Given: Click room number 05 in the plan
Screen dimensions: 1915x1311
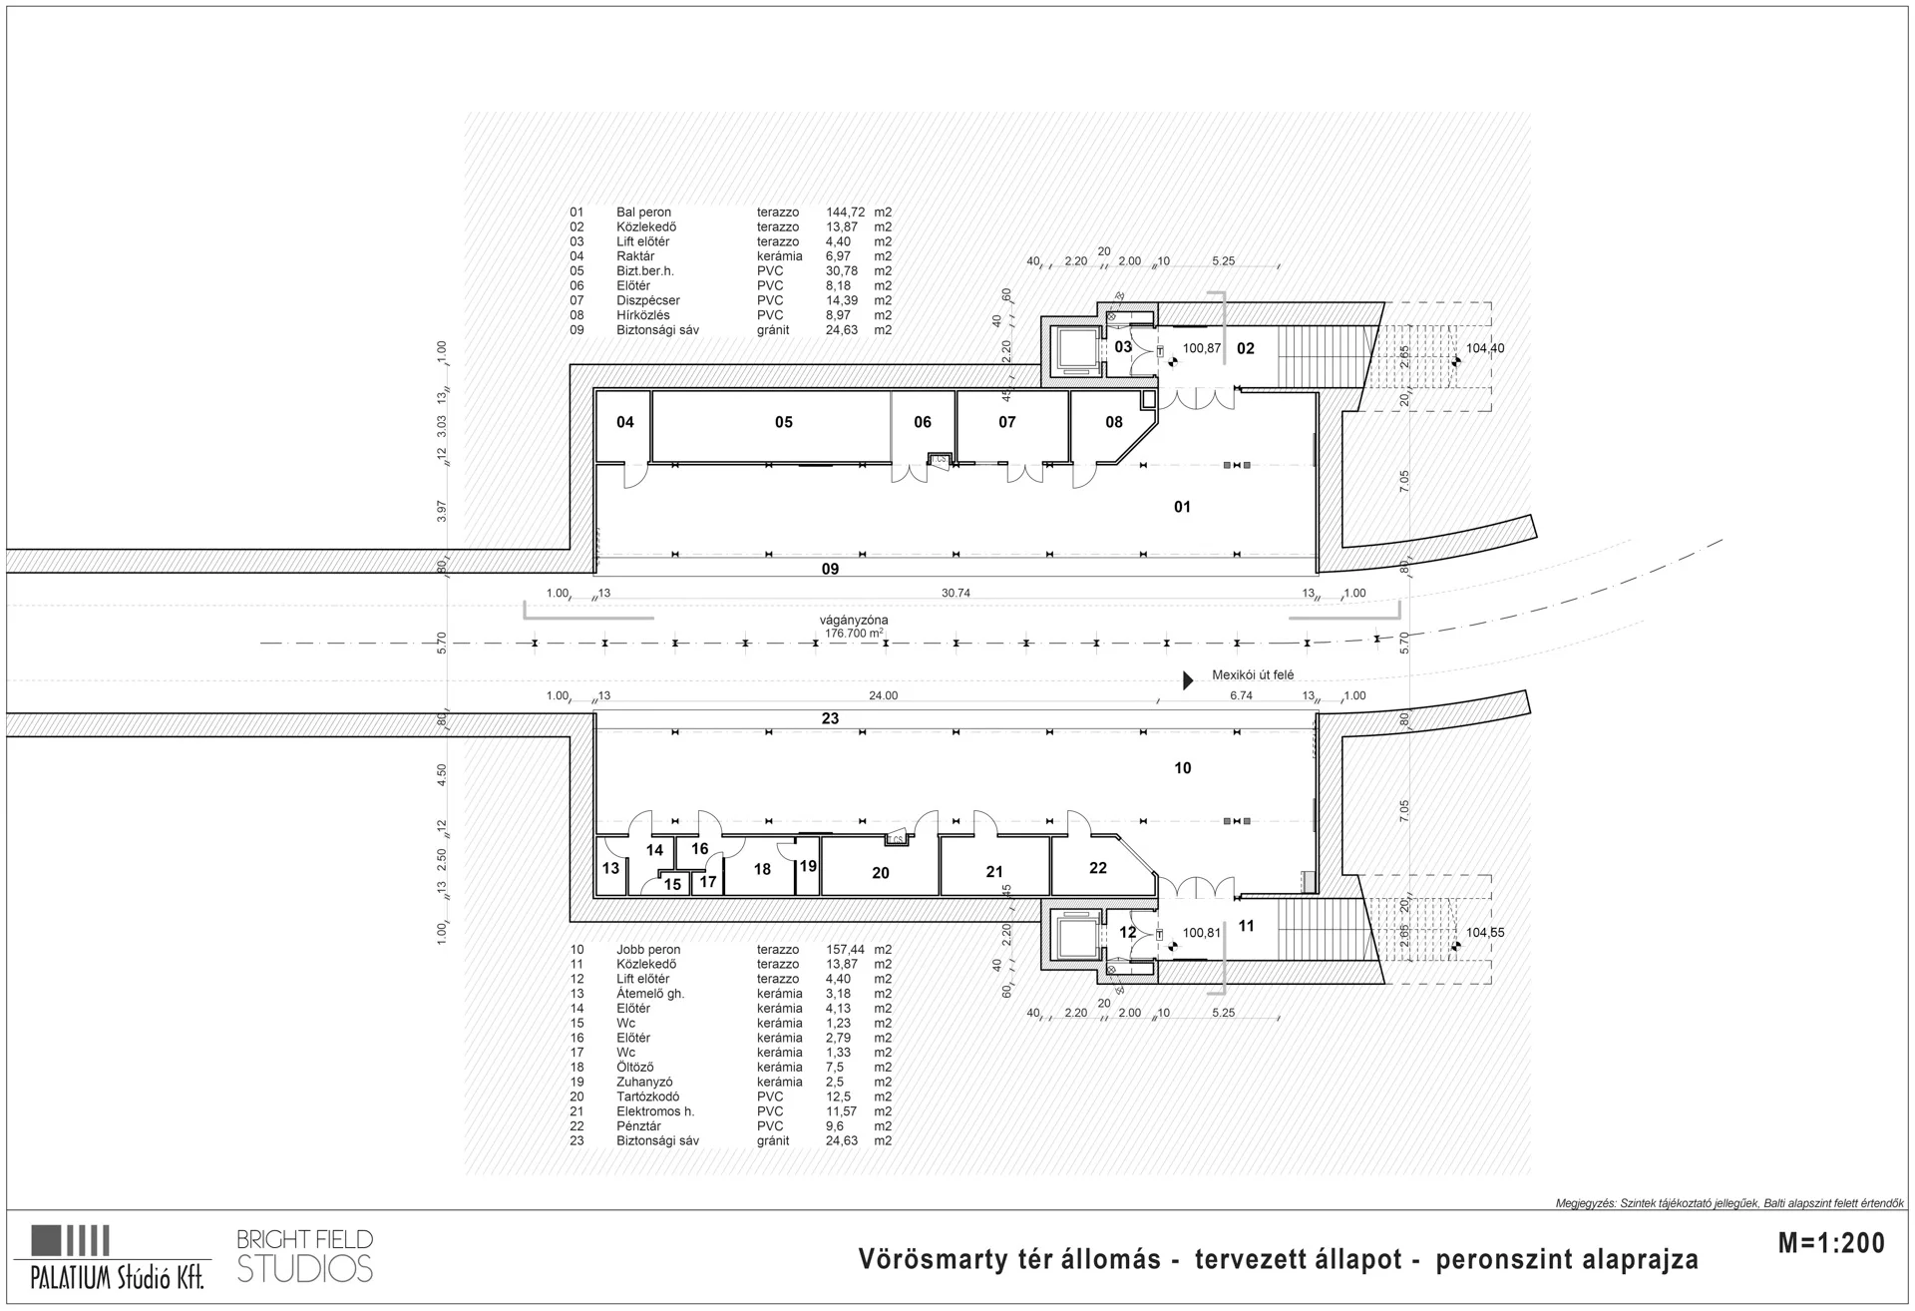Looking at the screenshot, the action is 784,423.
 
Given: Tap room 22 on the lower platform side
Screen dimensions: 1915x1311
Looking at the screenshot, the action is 1098,868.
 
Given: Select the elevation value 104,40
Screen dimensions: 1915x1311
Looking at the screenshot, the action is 1485,348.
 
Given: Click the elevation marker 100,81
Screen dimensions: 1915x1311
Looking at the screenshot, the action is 1201,933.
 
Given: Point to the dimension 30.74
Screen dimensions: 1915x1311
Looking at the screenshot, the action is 956,593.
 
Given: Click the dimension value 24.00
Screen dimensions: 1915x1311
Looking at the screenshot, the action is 883,695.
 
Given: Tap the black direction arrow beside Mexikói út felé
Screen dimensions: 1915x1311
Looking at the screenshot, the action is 1188,680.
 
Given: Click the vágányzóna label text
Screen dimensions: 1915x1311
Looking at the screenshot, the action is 854,620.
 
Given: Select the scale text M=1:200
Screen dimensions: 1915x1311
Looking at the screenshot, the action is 1832,1242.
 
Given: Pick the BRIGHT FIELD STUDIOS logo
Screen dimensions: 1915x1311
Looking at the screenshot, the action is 305,1256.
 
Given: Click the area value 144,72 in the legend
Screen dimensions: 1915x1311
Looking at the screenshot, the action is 845,213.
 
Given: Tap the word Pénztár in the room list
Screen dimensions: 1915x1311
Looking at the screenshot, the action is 638,1126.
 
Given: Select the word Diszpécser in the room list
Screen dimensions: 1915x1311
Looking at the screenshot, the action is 648,300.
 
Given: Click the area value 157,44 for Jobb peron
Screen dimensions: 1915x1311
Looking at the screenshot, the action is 845,950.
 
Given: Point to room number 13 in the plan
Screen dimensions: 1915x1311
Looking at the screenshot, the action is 610,868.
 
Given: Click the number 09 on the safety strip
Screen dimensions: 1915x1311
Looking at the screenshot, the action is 830,569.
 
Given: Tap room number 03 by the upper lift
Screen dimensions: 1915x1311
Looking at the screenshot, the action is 1123,347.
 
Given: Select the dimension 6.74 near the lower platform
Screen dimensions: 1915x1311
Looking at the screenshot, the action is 1241,695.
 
